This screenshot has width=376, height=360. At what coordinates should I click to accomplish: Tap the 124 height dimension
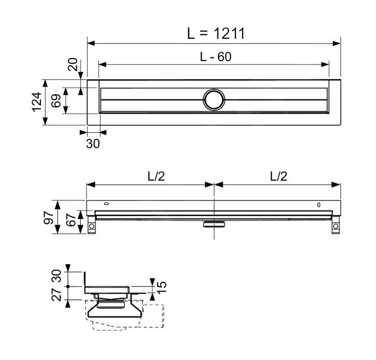(35, 102)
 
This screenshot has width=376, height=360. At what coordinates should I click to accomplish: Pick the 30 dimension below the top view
(93, 143)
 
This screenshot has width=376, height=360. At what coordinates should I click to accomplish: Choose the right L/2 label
(278, 177)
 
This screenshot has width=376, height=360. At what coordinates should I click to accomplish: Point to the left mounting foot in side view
(92, 226)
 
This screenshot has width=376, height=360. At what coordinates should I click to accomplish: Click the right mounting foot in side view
(336, 226)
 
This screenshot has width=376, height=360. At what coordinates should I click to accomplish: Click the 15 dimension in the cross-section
(162, 286)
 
